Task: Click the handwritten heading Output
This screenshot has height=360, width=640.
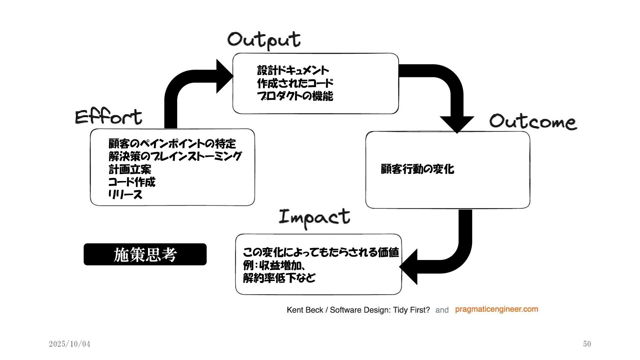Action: (x=264, y=40)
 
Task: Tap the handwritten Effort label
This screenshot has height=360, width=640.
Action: (x=109, y=117)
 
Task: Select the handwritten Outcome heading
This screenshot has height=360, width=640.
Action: (x=533, y=121)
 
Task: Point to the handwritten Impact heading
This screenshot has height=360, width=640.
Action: (x=314, y=217)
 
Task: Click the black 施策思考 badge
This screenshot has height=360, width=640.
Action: (x=145, y=254)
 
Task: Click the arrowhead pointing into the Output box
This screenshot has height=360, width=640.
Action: (x=224, y=76)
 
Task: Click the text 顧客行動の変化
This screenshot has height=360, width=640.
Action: (x=417, y=169)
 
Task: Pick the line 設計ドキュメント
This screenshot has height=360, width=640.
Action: (x=293, y=70)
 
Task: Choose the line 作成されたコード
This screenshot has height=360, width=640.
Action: (x=295, y=83)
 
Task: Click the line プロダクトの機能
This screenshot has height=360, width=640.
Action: (x=295, y=96)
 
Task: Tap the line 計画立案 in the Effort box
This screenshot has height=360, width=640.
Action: (x=130, y=169)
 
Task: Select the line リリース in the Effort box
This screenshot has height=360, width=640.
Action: (x=125, y=195)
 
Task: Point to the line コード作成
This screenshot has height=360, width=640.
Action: (x=132, y=182)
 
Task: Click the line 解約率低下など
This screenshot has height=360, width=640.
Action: (x=279, y=278)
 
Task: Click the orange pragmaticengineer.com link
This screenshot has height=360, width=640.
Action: (x=496, y=309)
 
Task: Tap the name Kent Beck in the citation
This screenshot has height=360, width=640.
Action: (x=305, y=310)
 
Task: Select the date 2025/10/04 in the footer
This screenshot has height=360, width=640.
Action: (x=69, y=344)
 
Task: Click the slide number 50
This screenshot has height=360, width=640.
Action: (x=587, y=344)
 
